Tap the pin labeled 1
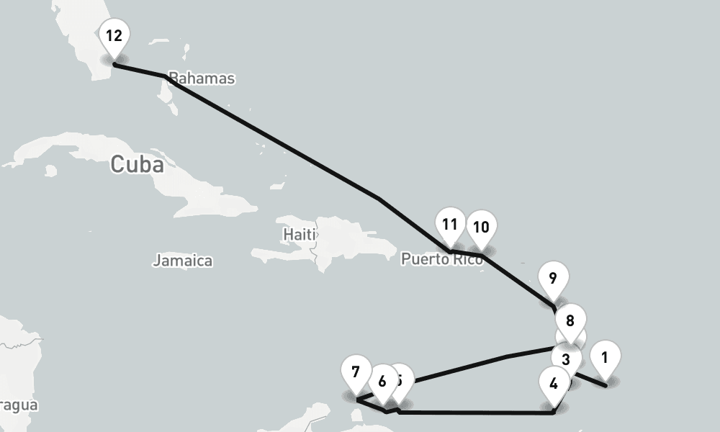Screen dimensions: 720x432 [605, 357]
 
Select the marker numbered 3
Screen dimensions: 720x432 [566, 359]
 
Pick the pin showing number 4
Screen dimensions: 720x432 [553, 383]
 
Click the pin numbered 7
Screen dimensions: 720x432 [356, 372]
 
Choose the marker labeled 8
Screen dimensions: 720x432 [570, 321]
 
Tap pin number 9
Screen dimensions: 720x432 [553, 279]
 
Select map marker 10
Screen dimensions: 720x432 [481, 228]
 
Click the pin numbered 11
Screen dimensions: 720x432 [450, 224]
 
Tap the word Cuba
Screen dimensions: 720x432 [137, 165]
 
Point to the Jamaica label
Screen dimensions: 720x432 [182, 261]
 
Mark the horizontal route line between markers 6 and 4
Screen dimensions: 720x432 [475, 413]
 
